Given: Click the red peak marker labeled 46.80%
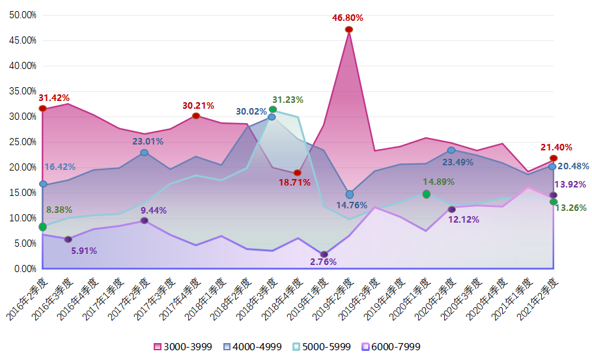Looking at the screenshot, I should pos(349,29).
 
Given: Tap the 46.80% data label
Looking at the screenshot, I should pos(348,18).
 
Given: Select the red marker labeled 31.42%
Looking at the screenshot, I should pos(43,109).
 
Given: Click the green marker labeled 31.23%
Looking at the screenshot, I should pos(273,109).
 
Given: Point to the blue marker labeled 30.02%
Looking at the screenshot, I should pos(272,117).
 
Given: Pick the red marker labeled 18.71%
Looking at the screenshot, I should pos(298,173).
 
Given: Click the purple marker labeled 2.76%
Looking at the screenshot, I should pos(324,255).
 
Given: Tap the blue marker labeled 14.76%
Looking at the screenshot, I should pos(350,195).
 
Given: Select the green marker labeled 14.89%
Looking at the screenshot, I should pos(427,194).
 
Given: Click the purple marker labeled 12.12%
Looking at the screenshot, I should pos(451,209).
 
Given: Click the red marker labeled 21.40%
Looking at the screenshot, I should pos(554,158).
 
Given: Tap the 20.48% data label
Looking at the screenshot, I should pos(573,166).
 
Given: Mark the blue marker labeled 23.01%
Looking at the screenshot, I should pos(144,152).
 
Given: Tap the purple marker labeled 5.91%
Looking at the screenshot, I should pos(68,239).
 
